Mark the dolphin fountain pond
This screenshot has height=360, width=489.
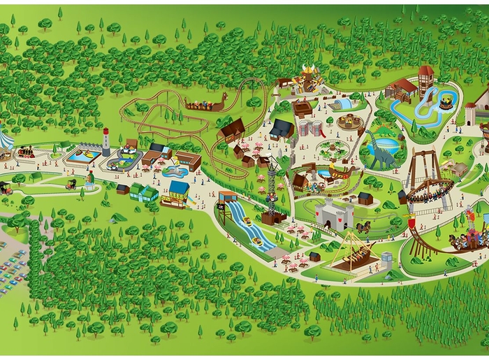174,171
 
